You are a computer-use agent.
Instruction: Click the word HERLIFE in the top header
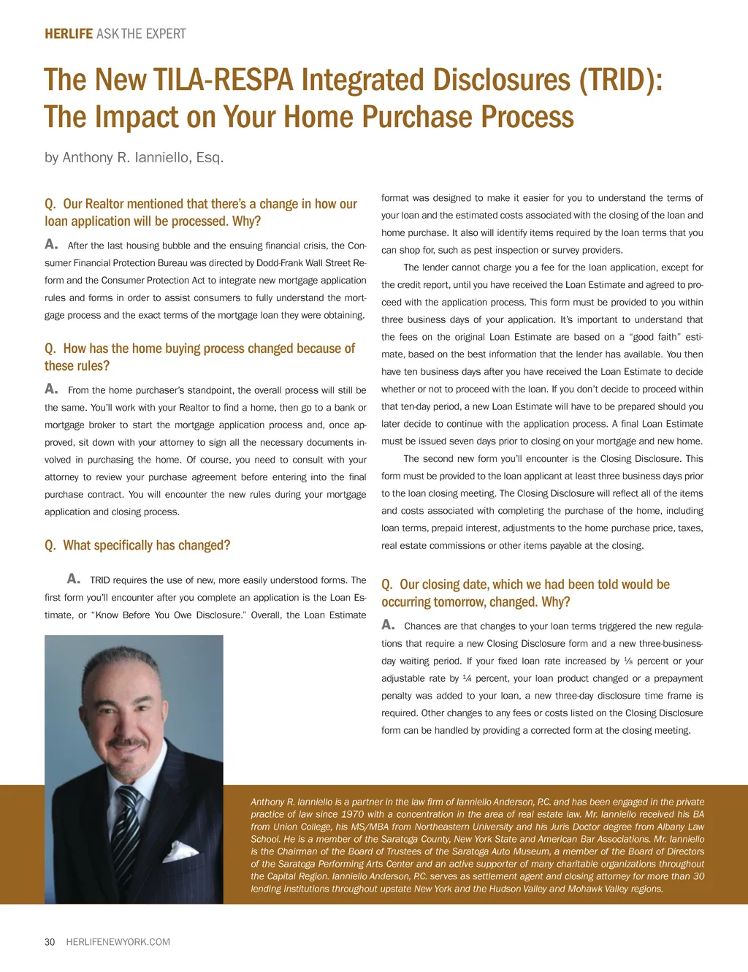pos(69,34)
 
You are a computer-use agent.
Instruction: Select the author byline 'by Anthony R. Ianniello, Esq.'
pos(134,157)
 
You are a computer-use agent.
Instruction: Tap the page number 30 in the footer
pos(50,942)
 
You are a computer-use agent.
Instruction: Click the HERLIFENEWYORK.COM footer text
pos(118,942)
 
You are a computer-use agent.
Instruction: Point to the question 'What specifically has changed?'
pos(137,545)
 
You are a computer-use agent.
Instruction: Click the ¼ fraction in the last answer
pos(467,679)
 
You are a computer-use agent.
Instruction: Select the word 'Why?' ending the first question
pos(246,221)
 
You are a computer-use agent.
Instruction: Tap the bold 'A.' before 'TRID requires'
pos(73,579)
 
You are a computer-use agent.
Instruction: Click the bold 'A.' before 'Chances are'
pos(388,625)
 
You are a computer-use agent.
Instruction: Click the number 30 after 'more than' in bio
pos(698,876)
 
